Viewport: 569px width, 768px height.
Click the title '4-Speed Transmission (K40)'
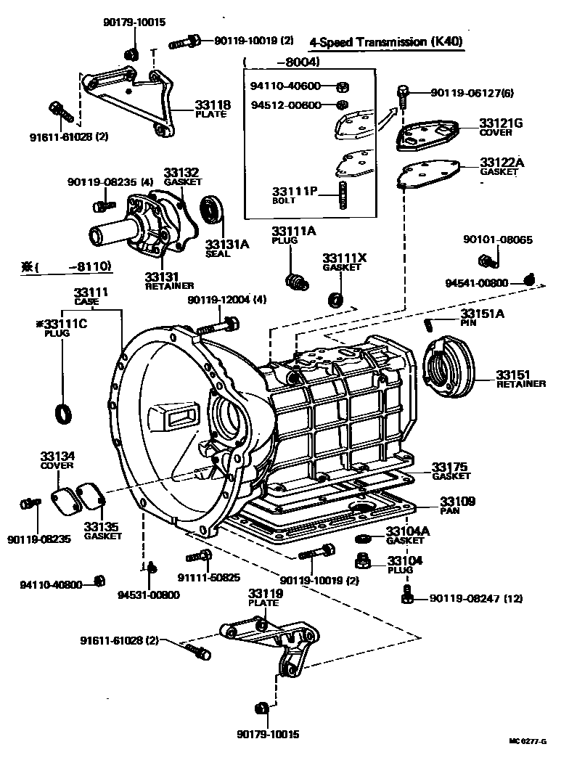(385, 42)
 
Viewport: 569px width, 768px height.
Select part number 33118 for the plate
(213, 105)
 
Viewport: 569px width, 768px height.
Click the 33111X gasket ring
(336, 298)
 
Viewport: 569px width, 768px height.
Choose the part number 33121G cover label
(501, 123)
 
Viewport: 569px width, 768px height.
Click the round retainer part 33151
(448, 362)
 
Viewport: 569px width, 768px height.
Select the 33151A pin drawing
(432, 321)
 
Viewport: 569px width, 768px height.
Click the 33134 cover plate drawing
(64, 500)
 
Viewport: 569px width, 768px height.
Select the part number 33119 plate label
(265, 593)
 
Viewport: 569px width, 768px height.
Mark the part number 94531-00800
(149, 595)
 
